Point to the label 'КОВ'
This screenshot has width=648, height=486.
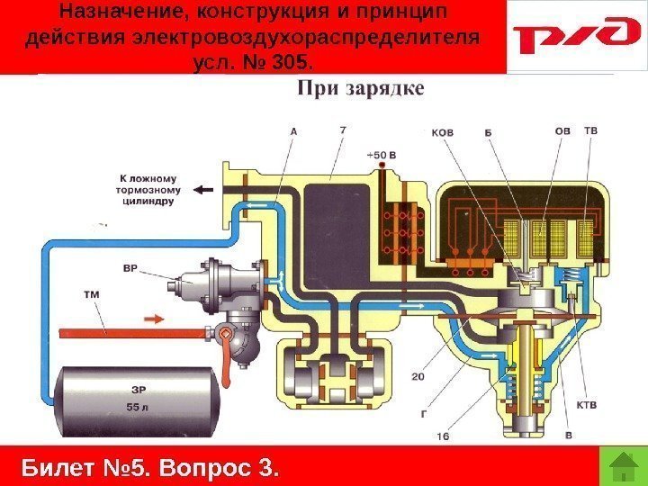point(443,132)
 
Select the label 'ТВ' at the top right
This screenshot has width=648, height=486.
point(590,130)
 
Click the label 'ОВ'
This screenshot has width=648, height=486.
point(562,130)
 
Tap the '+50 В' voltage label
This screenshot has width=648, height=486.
point(382,155)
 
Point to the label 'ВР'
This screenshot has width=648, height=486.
point(130,267)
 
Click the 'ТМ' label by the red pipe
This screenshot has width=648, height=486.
point(91,293)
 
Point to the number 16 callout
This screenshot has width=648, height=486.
point(442,435)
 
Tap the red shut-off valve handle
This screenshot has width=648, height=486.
point(234,346)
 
